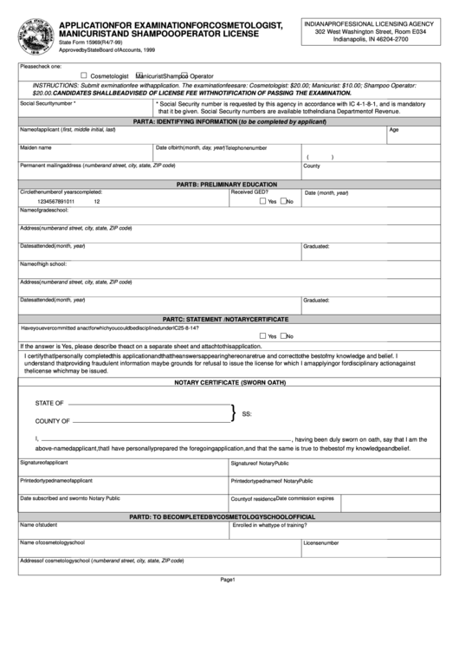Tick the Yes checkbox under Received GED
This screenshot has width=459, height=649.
(262, 201)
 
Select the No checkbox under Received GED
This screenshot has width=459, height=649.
(282, 201)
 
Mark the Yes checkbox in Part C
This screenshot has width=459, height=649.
(262, 336)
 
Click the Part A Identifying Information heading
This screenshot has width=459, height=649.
(229, 123)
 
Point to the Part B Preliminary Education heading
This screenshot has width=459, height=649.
(229, 185)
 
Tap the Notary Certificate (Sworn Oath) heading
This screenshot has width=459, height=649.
(229, 382)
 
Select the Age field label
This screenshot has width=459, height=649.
(393, 130)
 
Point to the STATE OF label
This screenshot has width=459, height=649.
(49, 404)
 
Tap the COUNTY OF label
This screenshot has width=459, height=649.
(52, 421)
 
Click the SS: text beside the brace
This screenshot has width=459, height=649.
(247, 413)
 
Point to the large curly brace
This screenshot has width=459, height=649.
(233, 412)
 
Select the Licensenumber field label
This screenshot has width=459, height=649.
(320, 543)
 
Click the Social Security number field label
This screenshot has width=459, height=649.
(48, 102)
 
